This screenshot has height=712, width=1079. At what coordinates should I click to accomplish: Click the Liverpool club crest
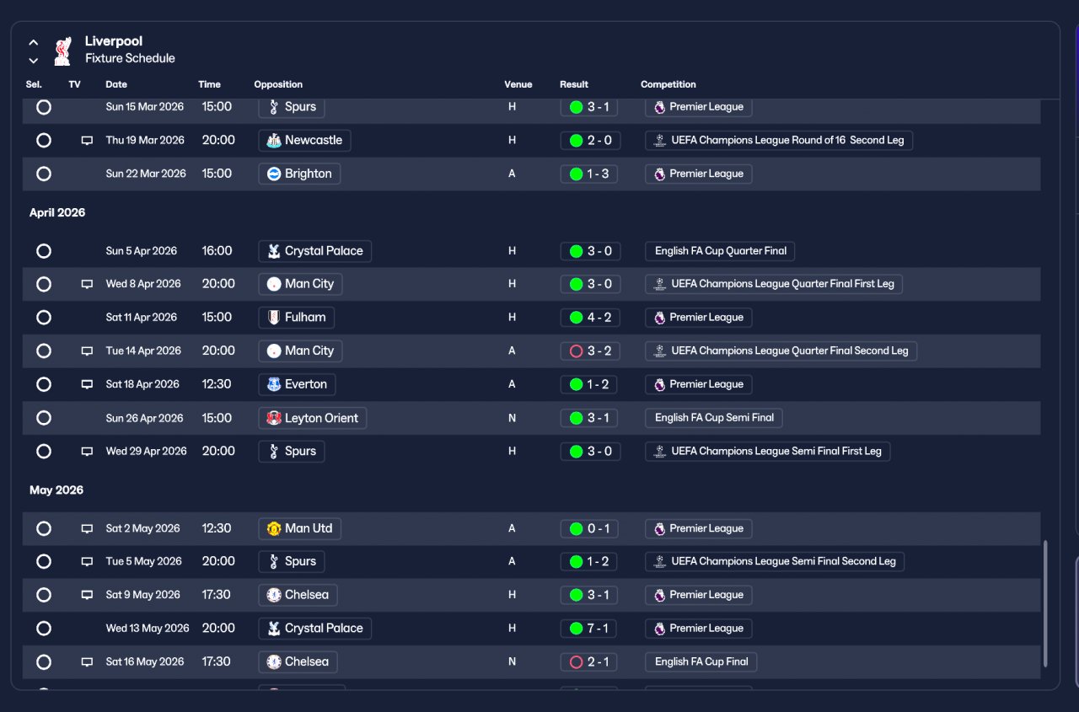(x=63, y=51)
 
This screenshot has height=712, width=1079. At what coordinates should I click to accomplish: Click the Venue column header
(x=518, y=84)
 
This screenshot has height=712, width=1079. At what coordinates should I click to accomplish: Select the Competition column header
(x=668, y=84)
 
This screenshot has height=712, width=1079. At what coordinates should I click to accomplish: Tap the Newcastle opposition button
(x=304, y=141)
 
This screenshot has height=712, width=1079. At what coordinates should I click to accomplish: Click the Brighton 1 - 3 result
(x=588, y=174)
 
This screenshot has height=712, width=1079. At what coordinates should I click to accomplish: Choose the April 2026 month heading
(x=57, y=213)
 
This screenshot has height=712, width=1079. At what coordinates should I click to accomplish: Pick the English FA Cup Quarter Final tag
(x=720, y=251)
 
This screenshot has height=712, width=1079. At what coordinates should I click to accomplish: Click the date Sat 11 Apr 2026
(x=141, y=318)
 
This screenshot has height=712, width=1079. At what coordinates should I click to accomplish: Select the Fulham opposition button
(x=296, y=318)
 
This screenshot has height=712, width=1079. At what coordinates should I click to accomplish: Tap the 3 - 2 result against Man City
(x=590, y=351)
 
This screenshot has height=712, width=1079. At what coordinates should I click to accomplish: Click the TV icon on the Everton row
(x=87, y=384)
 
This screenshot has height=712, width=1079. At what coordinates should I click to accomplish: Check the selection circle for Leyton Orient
(x=44, y=418)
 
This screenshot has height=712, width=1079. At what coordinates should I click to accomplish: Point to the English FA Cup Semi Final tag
(x=713, y=418)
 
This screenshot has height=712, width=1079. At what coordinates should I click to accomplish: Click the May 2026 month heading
(x=56, y=490)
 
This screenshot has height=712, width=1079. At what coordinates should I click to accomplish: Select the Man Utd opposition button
(x=299, y=528)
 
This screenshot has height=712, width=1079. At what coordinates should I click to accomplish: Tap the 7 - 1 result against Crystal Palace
(x=588, y=629)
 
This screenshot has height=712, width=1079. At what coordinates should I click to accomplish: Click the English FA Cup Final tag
(x=701, y=662)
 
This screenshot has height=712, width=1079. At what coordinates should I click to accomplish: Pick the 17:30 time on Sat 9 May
(x=217, y=595)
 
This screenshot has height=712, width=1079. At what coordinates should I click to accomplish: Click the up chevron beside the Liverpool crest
(x=33, y=42)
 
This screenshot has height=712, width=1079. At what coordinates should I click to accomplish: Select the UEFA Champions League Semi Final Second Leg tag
(x=775, y=562)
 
